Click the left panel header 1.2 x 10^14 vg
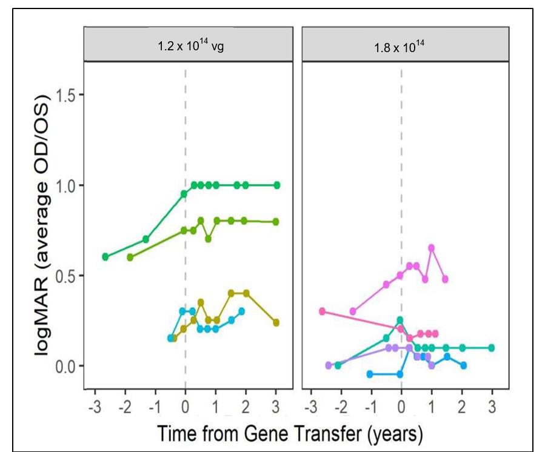click(x=191, y=45)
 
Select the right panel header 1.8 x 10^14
click(x=400, y=46)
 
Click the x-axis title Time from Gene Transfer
click(x=290, y=434)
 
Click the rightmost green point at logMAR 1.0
click(x=276, y=185)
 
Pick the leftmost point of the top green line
click(x=105, y=257)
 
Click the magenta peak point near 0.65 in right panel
click(x=432, y=248)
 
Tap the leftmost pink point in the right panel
click(x=322, y=311)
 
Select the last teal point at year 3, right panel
click(x=492, y=347)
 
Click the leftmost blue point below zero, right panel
click(x=370, y=374)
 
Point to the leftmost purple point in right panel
click(x=329, y=365)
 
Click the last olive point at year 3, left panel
click(x=276, y=323)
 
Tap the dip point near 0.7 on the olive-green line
click(x=208, y=239)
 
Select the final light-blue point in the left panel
click(x=241, y=311)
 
